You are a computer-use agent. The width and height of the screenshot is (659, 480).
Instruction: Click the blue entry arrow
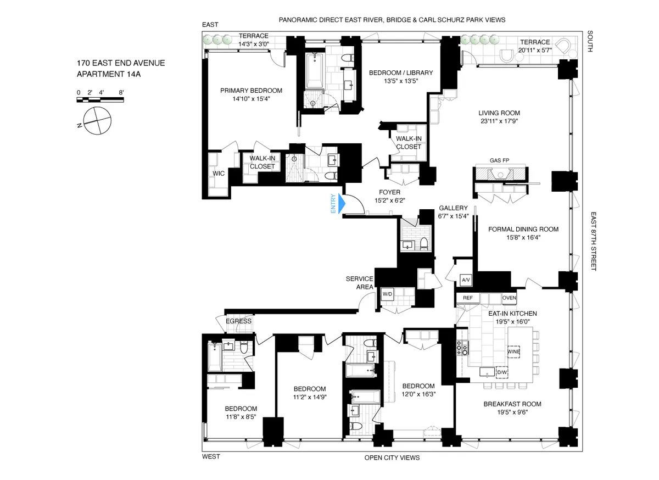coord(341,204)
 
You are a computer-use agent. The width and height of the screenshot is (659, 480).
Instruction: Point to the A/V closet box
coord(466,280)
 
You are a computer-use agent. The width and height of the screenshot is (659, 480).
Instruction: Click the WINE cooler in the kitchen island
coord(513,351)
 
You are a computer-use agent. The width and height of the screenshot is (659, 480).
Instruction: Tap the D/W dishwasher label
coord(501,372)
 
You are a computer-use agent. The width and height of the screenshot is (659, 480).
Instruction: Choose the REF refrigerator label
coord(468,298)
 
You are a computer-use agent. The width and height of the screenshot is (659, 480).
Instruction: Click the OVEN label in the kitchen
coord(509,298)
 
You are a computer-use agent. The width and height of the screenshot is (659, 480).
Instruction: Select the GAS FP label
coord(499,160)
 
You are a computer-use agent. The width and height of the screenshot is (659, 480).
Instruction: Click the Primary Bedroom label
coord(251,91)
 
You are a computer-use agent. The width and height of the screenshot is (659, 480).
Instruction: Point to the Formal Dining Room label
coord(523,229)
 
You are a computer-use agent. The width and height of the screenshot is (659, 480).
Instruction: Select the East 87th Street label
coord(594,241)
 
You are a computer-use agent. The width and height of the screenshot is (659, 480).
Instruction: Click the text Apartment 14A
coord(109,74)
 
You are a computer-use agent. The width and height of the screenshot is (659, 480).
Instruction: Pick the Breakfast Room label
coord(512,404)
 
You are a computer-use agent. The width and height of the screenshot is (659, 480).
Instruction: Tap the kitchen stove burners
coord(462,347)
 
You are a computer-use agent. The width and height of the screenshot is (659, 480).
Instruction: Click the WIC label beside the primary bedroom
coord(219,174)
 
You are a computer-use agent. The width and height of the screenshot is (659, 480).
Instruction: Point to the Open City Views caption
coord(392,457)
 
